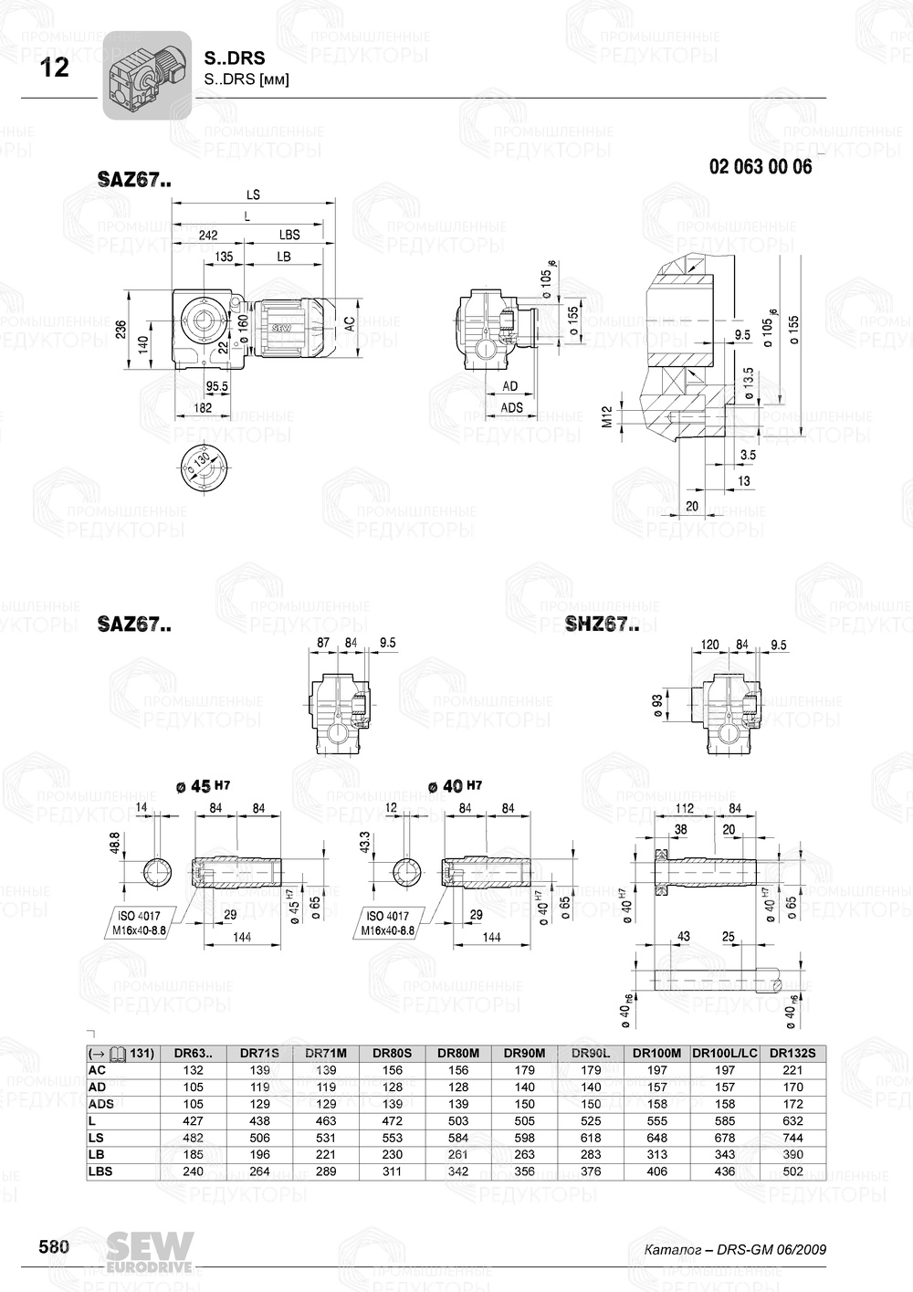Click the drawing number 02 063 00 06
tap(760, 167)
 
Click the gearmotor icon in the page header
tap(146, 75)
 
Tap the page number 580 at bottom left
tap(54, 1247)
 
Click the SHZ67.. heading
tap(601, 625)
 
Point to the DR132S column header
tap(792, 1053)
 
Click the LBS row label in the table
tap(100, 1171)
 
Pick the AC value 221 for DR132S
tap(792, 1070)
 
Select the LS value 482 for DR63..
tap(194, 1138)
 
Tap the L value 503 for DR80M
tap(458, 1120)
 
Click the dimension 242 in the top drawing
tap(208, 236)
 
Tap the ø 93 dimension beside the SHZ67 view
tap(658, 704)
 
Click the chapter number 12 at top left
tap(55, 68)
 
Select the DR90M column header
tap(524, 1053)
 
